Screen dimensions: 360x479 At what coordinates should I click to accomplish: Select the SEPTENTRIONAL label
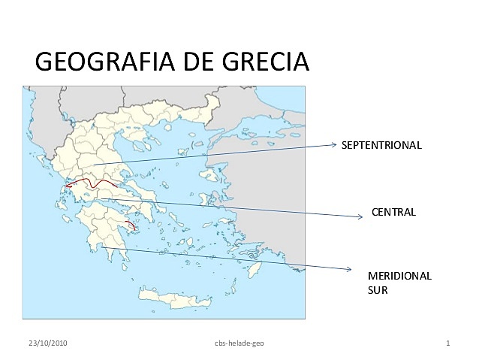coord(381,145)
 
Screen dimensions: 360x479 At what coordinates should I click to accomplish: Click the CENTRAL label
coord(393,212)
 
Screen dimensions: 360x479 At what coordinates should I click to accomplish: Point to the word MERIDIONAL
coord(399,276)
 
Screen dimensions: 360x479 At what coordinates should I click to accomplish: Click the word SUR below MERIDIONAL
coord(378,289)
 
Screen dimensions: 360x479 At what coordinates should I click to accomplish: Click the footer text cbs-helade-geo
coord(239,343)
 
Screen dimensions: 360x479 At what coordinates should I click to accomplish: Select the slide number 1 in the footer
coord(447,343)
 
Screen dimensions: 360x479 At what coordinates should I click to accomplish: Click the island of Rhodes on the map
coord(257,268)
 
